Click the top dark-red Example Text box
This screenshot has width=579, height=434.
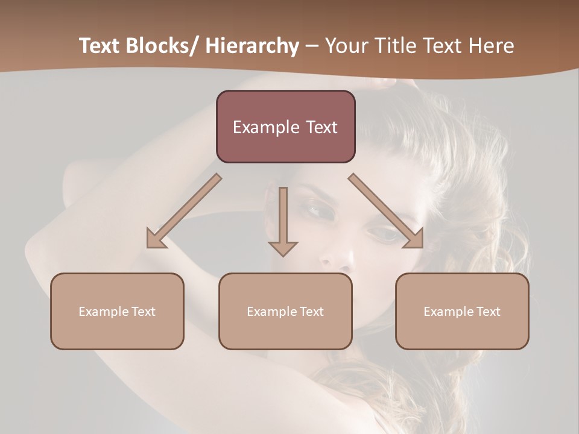coord(285,127)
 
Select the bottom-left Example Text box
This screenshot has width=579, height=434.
coord(117,311)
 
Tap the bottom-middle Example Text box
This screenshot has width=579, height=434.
coord(285,311)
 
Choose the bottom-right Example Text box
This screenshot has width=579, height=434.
coord(462,311)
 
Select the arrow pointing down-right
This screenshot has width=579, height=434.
coord(386,211)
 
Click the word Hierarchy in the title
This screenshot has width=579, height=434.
coord(252,46)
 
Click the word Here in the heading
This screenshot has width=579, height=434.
coord(491,46)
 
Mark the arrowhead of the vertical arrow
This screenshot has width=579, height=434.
coord(283,248)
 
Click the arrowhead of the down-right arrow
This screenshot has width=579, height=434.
coord(414,239)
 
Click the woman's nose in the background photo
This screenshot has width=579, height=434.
coord(335,256)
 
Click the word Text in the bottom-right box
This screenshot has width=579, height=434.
coord(488,311)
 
